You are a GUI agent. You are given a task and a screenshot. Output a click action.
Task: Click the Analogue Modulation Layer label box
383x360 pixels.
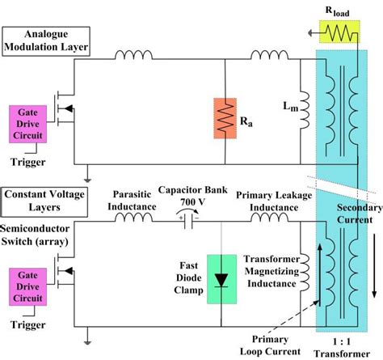(x=45, y=41)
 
